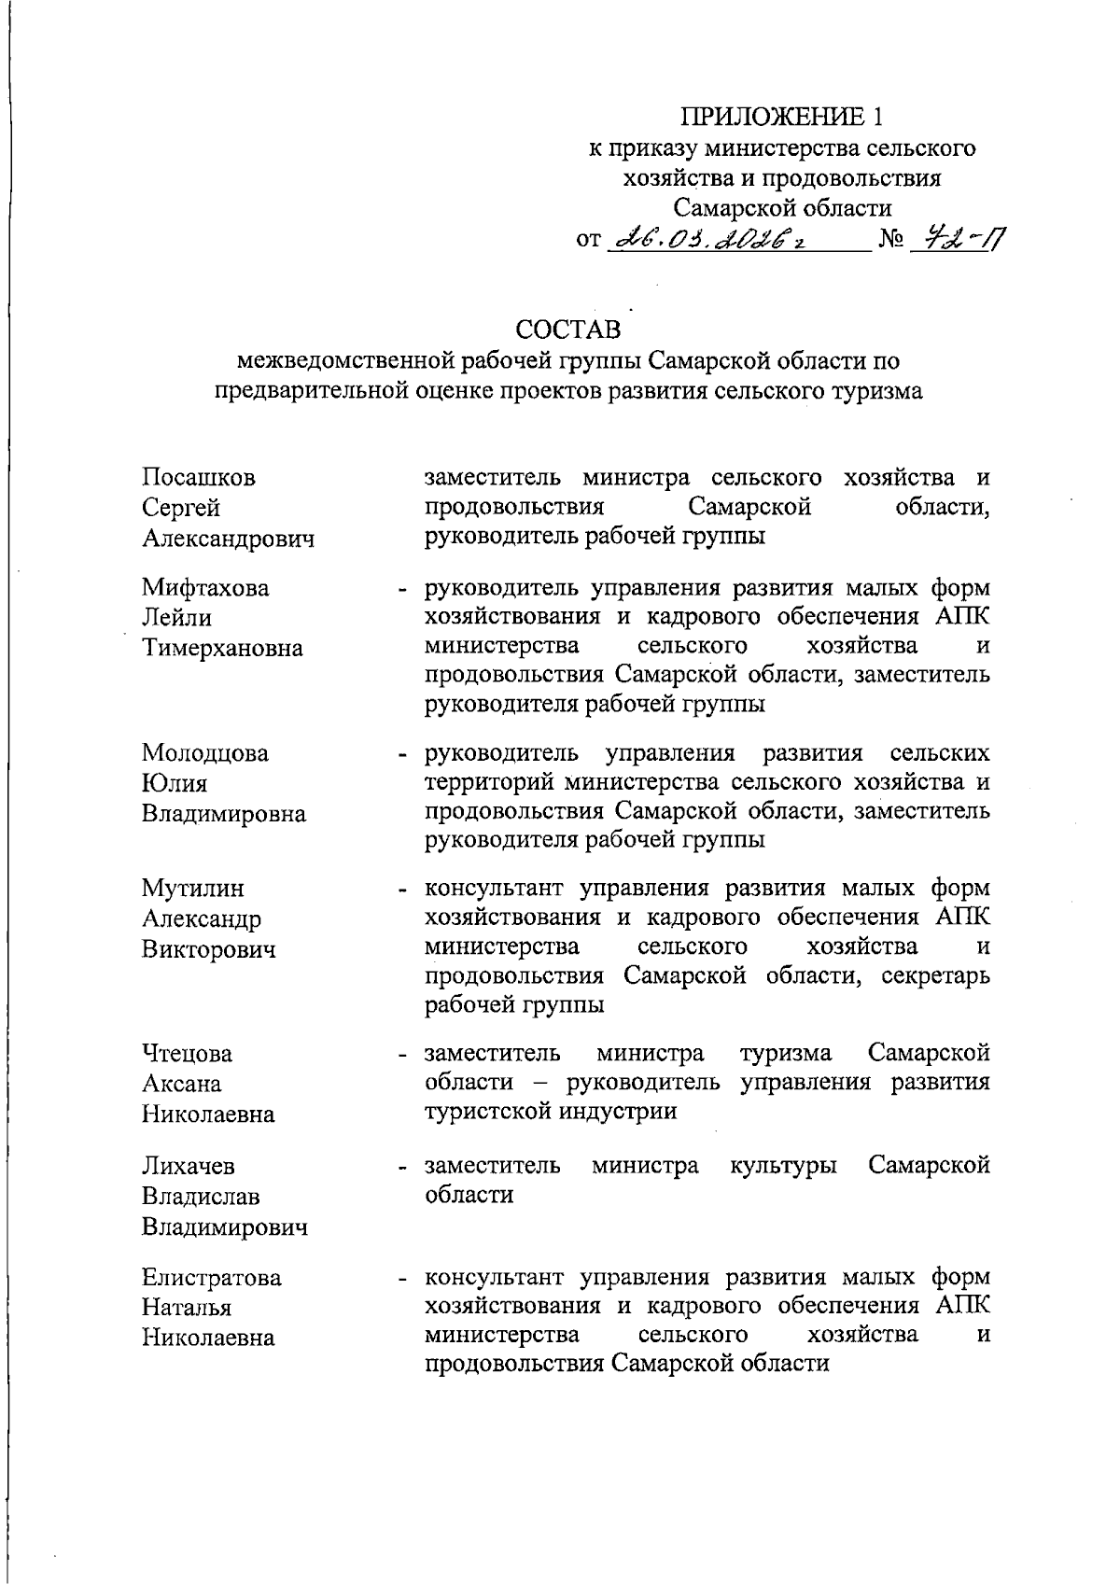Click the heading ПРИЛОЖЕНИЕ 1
781,118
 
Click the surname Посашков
198,478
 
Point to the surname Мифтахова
205,588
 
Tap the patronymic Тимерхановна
222,648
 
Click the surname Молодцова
205,753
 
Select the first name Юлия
175,783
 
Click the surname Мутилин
193,889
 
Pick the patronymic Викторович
209,949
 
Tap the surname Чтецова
188,1054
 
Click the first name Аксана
182,1084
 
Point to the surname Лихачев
189,1166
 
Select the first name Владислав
201,1196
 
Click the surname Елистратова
212,1278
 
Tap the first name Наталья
187,1308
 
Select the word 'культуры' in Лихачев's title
783,1166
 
